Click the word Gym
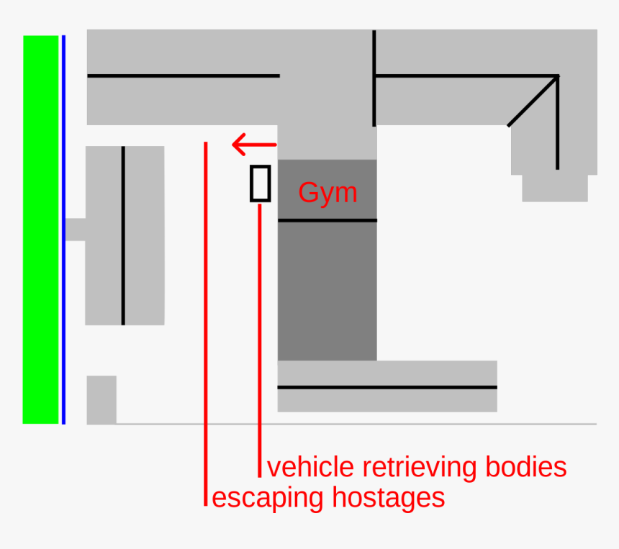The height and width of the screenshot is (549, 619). (327, 193)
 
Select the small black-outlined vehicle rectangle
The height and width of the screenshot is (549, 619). (260, 183)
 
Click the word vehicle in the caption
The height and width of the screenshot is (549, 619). (311, 468)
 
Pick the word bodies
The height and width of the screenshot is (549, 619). (526, 468)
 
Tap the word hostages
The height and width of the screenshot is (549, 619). (388, 497)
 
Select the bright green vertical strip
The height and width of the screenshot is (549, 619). (40, 229)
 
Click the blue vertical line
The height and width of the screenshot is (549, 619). (63, 229)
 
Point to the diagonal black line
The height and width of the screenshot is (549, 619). (533, 101)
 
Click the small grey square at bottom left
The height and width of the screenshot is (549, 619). (101, 399)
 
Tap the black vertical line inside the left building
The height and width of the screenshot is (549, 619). (123, 235)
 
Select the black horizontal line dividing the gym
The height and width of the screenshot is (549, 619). (327, 220)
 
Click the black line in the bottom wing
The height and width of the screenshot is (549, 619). (387, 387)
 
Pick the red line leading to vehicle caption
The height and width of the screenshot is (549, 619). (260, 338)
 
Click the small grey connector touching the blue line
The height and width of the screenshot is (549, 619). (75, 229)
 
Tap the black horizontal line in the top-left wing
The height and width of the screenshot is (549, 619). (183, 75)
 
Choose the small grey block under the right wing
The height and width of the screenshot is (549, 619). (554, 188)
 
